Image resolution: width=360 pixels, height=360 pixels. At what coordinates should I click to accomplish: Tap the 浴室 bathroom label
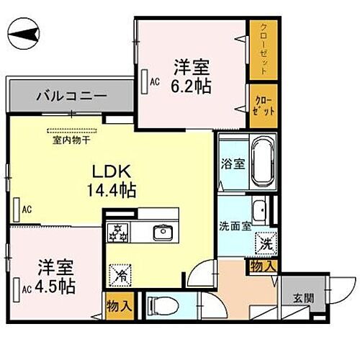pos(233,163)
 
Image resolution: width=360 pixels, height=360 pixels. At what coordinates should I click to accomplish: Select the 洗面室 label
pos(235,225)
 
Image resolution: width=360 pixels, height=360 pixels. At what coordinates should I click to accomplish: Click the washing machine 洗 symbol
pos(266,243)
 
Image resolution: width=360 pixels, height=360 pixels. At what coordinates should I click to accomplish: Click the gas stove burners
pos(117,233)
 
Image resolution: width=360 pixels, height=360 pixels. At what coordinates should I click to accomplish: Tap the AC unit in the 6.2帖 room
pos(145,81)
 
